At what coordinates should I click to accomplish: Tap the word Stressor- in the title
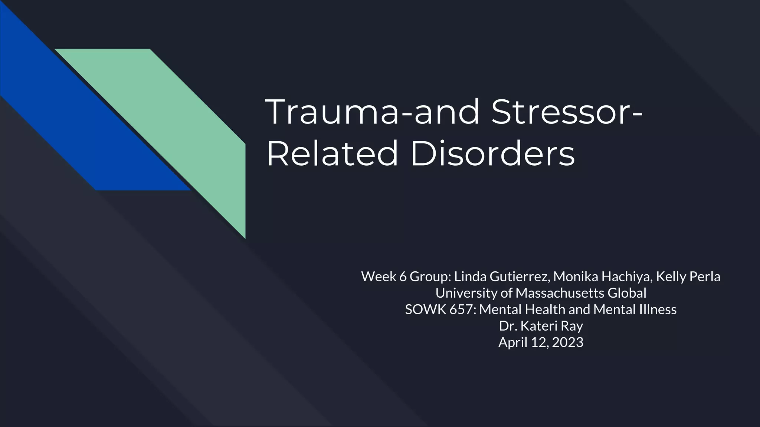pyautogui.click(x=567, y=112)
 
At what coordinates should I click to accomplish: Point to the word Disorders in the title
pyautogui.click(x=492, y=153)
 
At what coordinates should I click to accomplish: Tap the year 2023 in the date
pyautogui.click(x=567, y=342)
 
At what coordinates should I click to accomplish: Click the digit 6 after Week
pyautogui.click(x=403, y=277)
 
